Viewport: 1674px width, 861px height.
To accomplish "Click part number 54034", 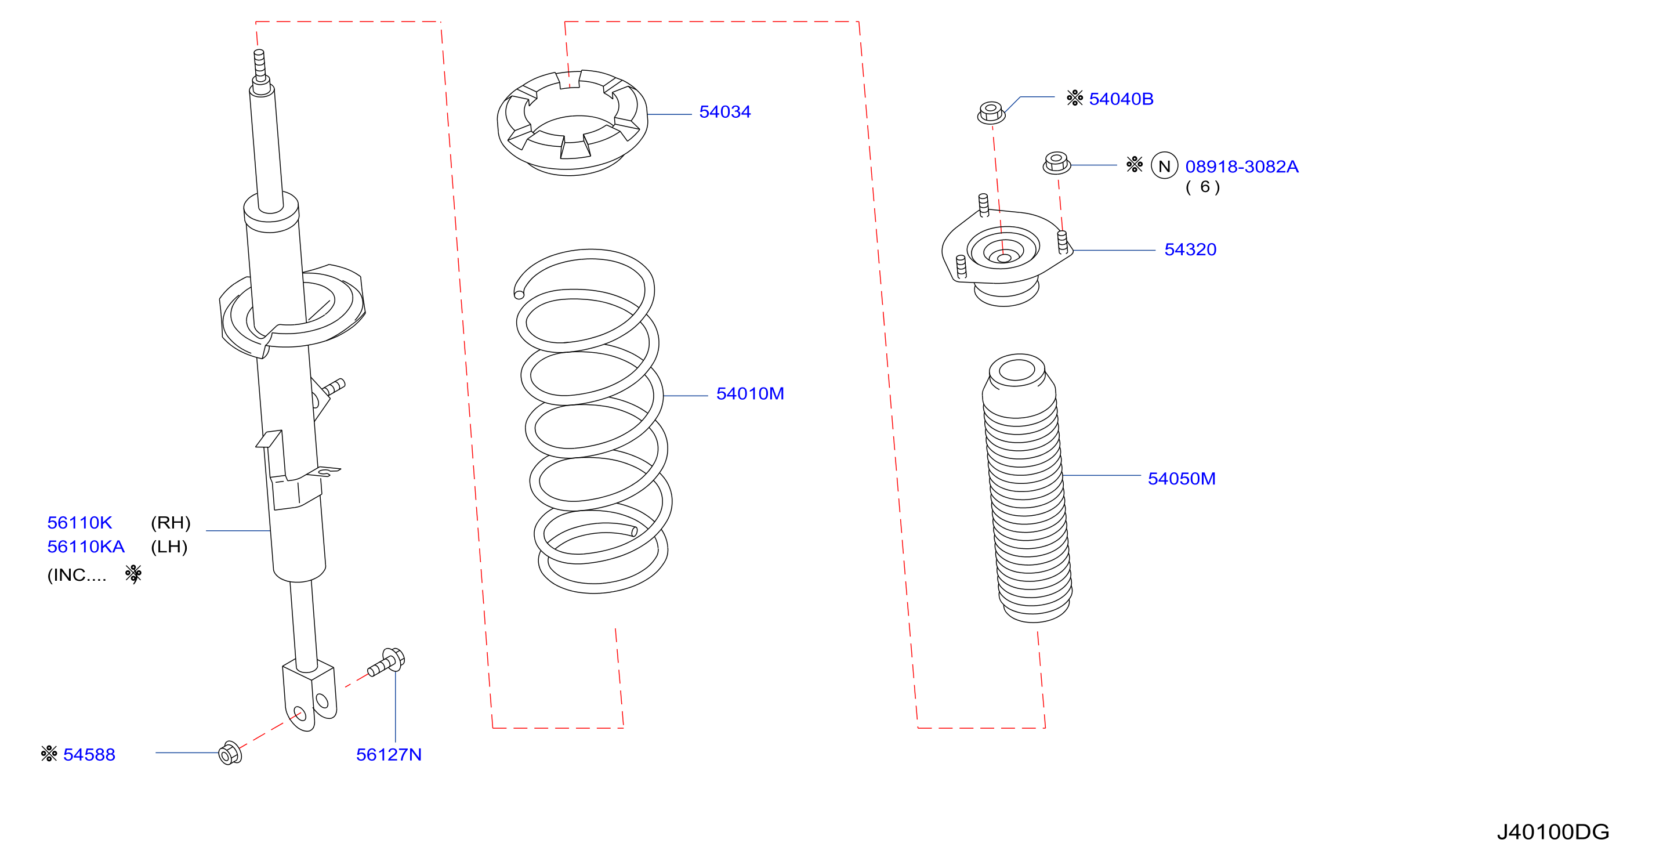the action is coord(724,112).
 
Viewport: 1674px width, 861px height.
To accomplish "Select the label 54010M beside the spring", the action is coord(750,393).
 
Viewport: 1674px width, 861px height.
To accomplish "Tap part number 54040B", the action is coord(1121,99).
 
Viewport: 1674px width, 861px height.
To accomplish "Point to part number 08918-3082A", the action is coord(1242,167).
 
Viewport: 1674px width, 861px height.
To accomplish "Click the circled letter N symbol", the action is coord(1165,166).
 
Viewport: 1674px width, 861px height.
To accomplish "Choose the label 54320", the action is coord(1190,249).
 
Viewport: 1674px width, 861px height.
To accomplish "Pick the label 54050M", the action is coord(1182,479).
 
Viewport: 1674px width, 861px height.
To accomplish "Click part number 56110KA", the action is coord(86,547).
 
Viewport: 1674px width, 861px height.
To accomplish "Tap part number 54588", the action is coord(89,754).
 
